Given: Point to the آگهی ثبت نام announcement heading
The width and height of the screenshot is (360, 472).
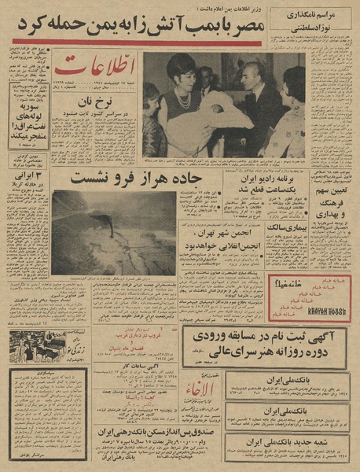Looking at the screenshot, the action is tap(267, 340).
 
